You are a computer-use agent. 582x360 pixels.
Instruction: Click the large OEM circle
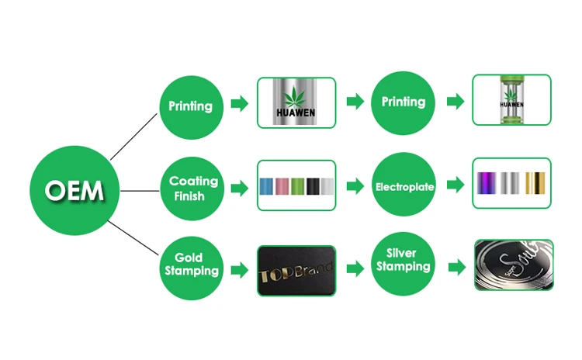(x=75, y=189)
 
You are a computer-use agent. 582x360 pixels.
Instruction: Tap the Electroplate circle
(x=404, y=187)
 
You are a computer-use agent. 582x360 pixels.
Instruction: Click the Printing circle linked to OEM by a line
(x=189, y=106)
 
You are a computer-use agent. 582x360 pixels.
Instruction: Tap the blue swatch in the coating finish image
(x=265, y=187)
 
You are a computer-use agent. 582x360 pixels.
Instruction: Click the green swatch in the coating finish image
(x=297, y=187)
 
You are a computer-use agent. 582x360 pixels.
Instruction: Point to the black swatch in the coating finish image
(x=313, y=187)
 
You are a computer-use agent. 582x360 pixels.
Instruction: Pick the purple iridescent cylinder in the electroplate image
(x=487, y=185)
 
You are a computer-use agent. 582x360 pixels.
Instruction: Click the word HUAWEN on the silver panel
(x=296, y=119)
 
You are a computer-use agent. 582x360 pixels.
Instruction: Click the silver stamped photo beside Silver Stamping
(x=513, y=265)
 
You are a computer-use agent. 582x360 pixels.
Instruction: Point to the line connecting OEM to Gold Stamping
(x=132, y=236)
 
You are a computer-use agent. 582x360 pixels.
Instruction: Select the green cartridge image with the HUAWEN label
(x=511, y=100)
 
